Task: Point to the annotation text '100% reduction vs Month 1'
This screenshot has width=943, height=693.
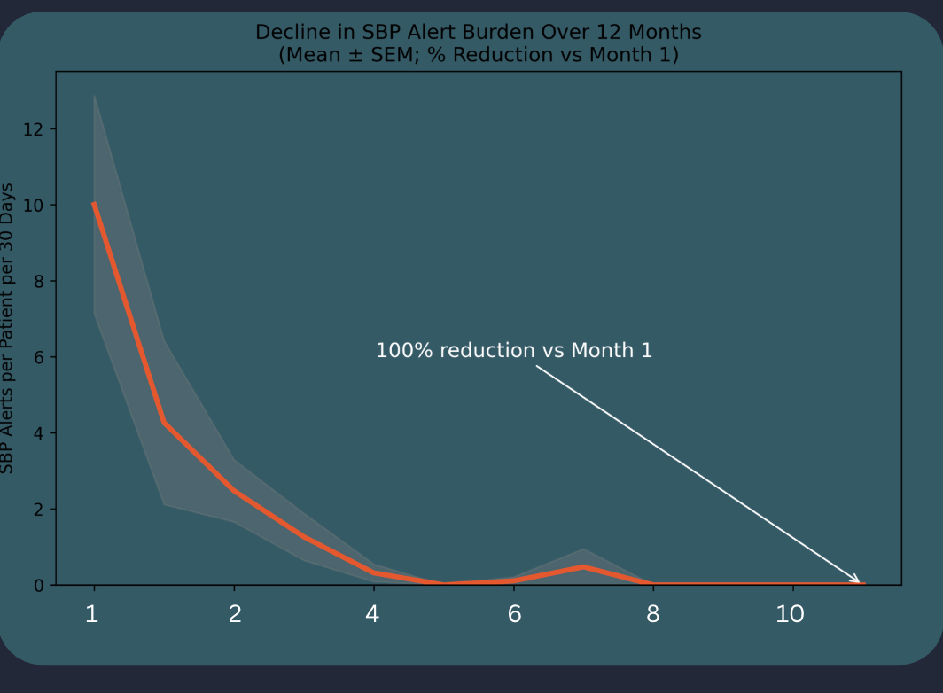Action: pos(514,351)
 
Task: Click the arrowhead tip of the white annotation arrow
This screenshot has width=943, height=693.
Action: pos(860,582)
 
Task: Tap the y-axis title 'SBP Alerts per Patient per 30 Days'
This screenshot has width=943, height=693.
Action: pos(8,328)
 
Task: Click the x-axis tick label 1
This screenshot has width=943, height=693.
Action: pos(92,614)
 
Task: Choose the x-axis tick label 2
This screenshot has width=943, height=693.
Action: pos(235,614)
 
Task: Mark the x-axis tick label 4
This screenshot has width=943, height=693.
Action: pos(372,614)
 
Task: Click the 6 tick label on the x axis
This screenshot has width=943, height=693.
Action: pos(514,614)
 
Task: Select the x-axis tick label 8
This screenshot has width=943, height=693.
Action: pos(653,614)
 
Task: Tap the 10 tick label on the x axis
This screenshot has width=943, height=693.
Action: pos(790,614)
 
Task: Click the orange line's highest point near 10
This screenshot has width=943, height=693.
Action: pos(94,204)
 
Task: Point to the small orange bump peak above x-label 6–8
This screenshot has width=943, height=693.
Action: pos(583,566)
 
